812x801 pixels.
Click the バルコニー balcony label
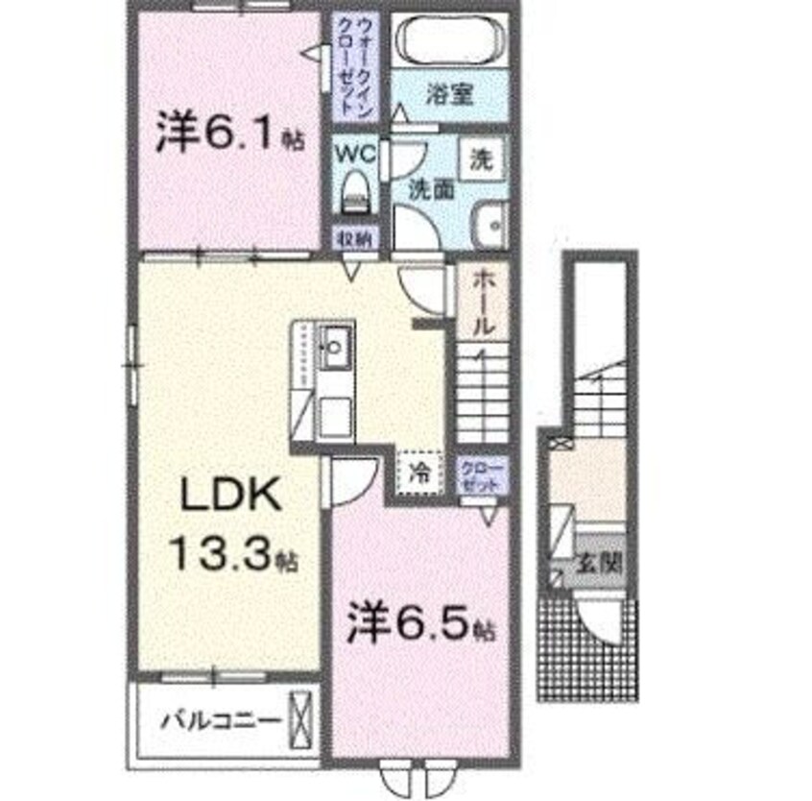coord(221,718)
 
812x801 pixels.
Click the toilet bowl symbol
coord(357,191)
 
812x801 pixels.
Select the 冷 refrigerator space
coord(420,472)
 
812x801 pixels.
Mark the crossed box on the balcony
coord(300,718)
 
